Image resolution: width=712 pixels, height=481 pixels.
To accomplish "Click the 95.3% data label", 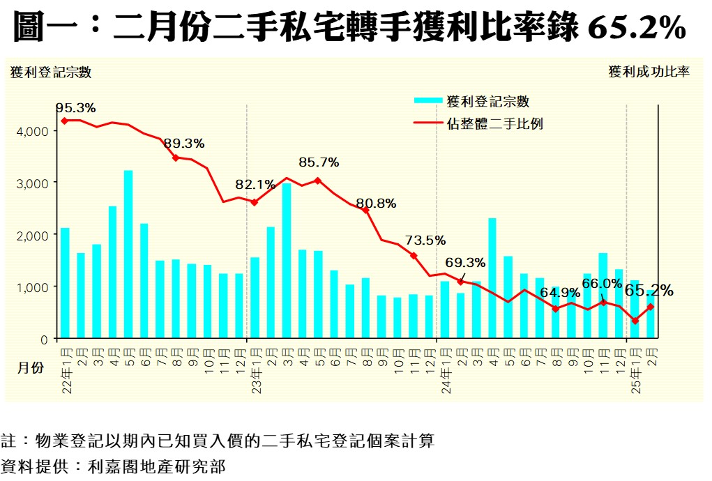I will pyautogui.click(x=76, y=108).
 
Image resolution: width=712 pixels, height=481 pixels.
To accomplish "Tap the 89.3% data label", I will pyautogui.click(x=184, y=144).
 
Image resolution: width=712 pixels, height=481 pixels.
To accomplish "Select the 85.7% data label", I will pyautogui.click(x=319, y=162).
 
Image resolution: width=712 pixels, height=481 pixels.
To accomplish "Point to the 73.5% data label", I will pyautogui.click(x=425, y=240).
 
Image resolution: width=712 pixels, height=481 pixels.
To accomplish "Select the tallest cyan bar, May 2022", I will pyautogui.click(x=128, y=254).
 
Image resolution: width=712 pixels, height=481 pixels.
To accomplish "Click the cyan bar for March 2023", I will pyautogui.click(x=286, y=261).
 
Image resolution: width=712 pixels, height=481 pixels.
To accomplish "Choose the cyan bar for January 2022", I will pyautogui.click(x=65, y=282).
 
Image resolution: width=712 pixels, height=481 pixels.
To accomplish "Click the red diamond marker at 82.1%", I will pyautogui.click(x=254, y=203).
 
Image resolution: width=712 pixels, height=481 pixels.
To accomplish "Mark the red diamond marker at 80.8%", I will pyautogui.click(x=365, y=210).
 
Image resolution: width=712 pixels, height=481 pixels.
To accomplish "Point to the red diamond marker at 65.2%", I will pyautogui.click(x=650, y=307).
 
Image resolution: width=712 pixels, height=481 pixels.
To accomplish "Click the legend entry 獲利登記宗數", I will pyautogui.click(x=488, y=101).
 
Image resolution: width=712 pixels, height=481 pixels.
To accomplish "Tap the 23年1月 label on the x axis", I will pyautogui.click(x=255, y=376).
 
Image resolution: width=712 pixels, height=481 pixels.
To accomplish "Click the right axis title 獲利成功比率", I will pyautogui.click(x=649, y=72).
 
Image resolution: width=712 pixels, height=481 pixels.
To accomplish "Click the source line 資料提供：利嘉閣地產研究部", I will pyautogui.click(x=113, y=466).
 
